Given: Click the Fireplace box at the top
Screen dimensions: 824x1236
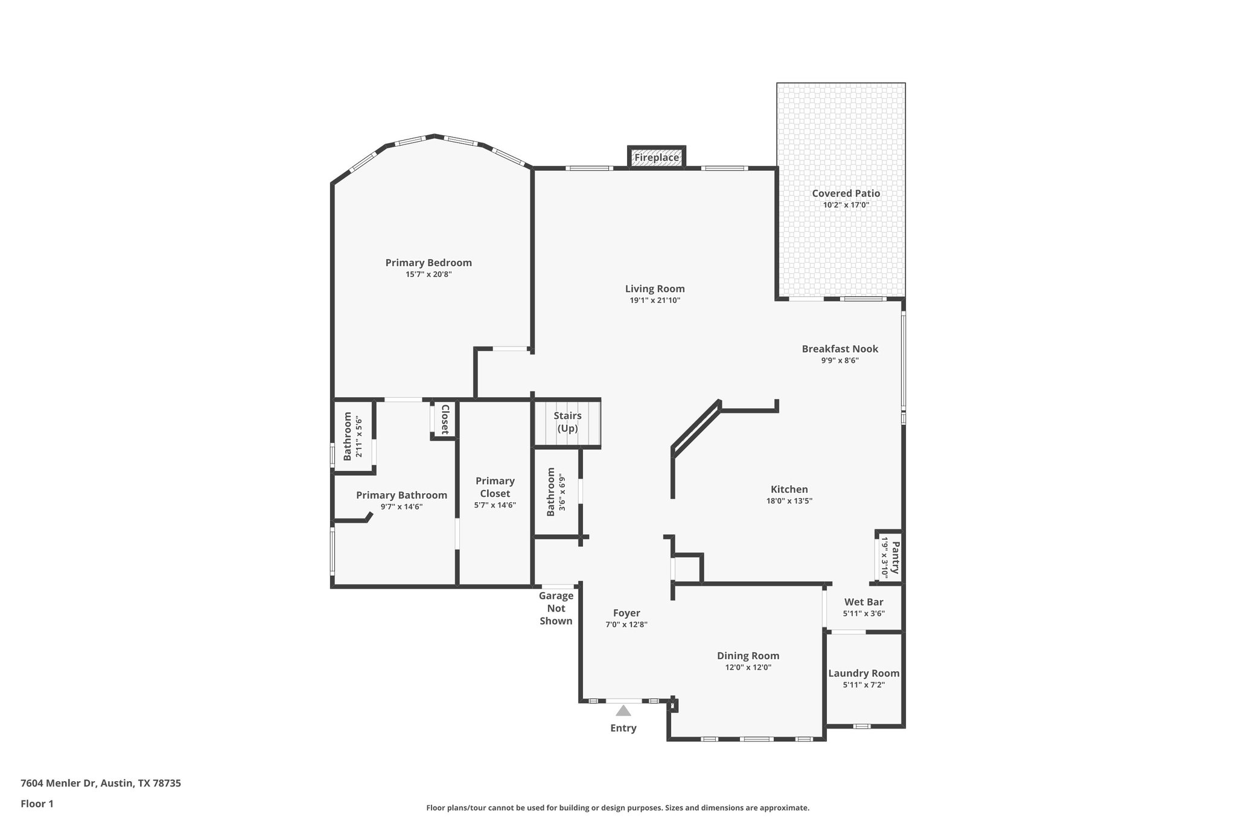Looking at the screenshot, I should [x=657, y=158].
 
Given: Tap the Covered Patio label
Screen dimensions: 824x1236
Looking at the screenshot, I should [x=846, y=193].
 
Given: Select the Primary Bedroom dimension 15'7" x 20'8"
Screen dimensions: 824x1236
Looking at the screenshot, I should [x=428, y=275].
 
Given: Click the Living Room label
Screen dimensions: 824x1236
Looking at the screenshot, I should [x=655, y=289].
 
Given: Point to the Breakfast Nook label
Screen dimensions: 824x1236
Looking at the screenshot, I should [x=839, y=349].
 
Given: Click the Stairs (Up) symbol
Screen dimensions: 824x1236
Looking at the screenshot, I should [x=567, y=423].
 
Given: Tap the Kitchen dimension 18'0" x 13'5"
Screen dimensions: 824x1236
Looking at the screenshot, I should [x=789, y=500].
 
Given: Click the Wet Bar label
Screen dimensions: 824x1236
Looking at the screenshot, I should [x=864, y=602].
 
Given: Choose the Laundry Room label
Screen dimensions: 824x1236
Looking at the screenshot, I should [x=864, y=673].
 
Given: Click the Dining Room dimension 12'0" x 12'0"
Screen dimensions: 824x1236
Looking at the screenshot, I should [x=748, y=668].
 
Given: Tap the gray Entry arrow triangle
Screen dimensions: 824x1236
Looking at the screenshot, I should [x=623, y=711].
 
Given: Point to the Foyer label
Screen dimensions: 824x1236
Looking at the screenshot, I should [x=626, y=613].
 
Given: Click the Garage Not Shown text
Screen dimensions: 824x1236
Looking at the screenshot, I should [x=556, y=608].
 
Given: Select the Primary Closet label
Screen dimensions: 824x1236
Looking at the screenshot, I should [x=495, y=487].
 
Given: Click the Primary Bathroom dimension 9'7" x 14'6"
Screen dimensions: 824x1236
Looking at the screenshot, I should [x=401, y=507].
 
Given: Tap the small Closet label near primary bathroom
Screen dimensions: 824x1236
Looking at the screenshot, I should [x=445, y=419].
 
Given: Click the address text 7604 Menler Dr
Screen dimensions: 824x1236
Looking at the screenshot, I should [x=59, y=784].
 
